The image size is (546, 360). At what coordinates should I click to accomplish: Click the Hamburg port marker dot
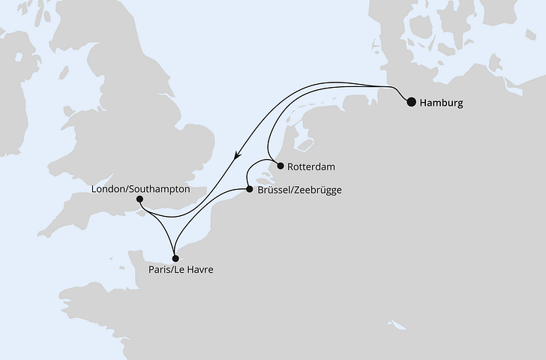(411, 103)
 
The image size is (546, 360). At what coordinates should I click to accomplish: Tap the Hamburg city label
(442, 103)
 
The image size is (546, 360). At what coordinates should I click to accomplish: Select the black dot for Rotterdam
(280, 166)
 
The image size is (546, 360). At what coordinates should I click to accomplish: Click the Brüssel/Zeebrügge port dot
(249, 190)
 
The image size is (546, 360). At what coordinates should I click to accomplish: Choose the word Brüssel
(274, 190)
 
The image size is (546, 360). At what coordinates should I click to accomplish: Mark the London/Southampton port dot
(140, 199)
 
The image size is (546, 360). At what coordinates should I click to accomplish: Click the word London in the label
(108, 190)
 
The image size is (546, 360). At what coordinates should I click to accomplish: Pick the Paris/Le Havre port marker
(175, 258)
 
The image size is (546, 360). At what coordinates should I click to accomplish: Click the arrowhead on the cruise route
(238, 156)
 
